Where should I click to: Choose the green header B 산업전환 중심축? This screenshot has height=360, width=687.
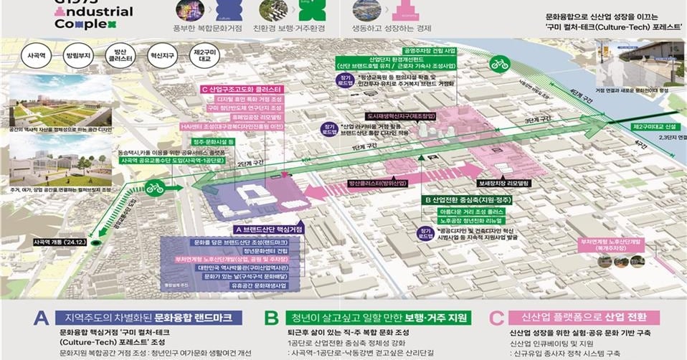[x=467, y=199]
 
